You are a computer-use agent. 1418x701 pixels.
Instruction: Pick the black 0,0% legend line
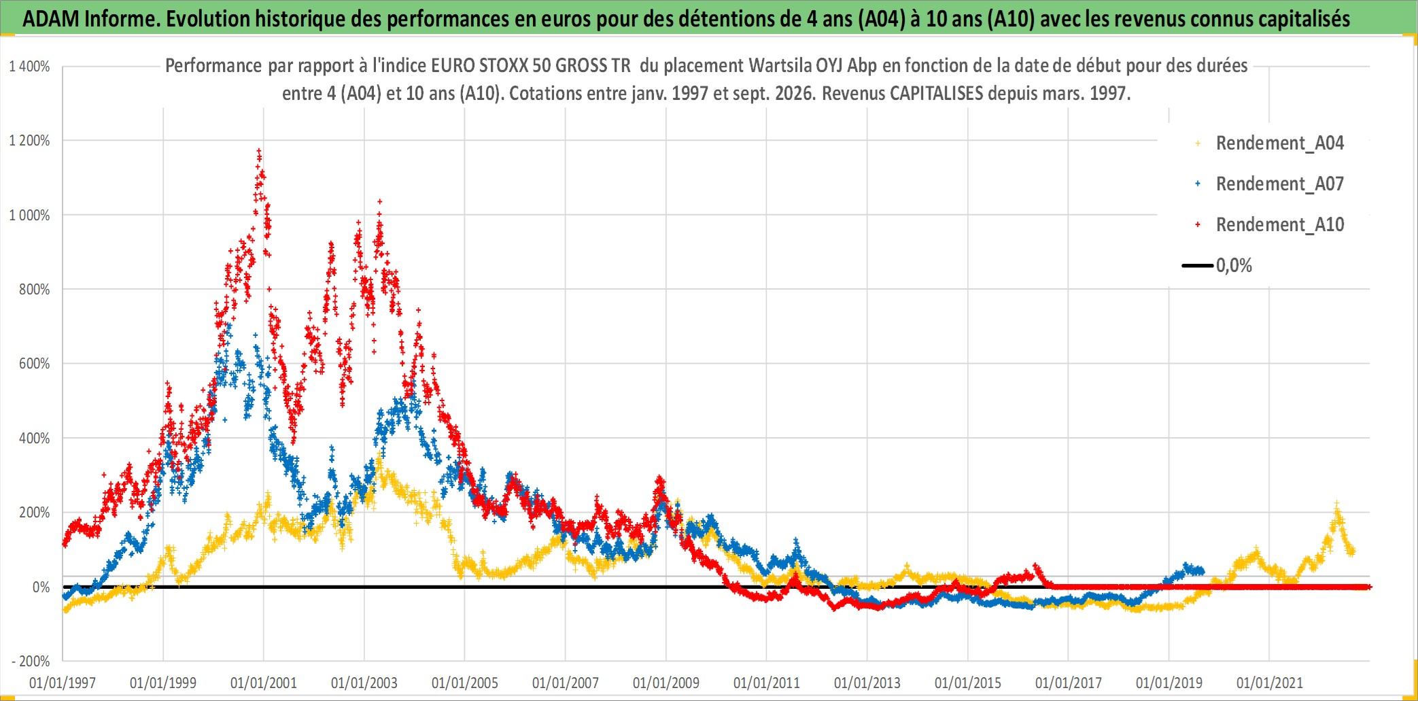click(x=1198, y=265)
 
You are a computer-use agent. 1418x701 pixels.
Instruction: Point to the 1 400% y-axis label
click(x=29, y=67)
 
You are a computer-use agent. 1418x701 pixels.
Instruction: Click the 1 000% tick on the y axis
click(x=29, y=216)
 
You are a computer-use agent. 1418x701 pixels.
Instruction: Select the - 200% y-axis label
click(x=31, y=661)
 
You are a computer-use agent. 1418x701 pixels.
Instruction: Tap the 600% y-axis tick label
click(x=35, y=364)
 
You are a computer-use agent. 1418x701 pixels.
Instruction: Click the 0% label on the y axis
click(x=41, y=587)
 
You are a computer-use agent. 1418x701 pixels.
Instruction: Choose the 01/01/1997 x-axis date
click(x=63, y=683)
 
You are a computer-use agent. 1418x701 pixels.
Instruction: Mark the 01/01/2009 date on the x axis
click(x=666, y=683)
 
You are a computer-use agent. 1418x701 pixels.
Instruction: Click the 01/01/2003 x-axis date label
click(x=364, y=683)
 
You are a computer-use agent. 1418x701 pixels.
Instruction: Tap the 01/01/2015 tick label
click(x=968, y=683)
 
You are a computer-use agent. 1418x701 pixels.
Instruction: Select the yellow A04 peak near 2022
click(x=1336, y=504)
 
